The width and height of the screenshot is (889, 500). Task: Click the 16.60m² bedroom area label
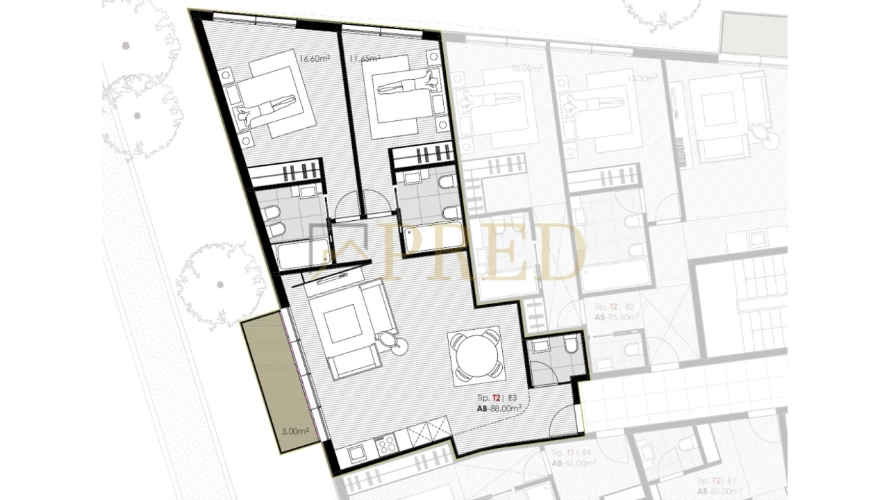click(x=313, y=58)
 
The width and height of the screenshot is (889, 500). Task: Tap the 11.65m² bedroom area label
click(x=364, y=58)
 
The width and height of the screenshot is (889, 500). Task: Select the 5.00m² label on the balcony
click(x=294, y=431)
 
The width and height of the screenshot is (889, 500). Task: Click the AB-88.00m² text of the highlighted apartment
click(x=499, y=409)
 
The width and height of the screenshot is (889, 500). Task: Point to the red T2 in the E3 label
click(x=497, y=398)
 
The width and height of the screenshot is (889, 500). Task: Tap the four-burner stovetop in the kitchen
click(x=386, y=444)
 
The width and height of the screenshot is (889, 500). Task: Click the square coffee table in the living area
click(x=343, y=324)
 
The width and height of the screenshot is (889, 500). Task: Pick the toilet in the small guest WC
click(x=571, y=344)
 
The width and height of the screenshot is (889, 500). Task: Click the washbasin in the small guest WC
click(x=540, y=344)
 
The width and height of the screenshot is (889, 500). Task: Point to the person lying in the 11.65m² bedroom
click(x=409, y=85)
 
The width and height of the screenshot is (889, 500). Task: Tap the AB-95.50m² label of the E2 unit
click(x=616, y=316)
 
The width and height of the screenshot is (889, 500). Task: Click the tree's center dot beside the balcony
click(x=220, y=284)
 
